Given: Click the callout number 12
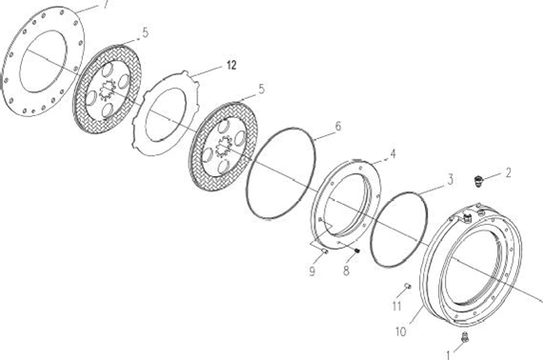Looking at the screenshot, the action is pos(231,65).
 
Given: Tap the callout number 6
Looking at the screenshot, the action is pos(338,127).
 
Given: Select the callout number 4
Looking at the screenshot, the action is pos(392,153).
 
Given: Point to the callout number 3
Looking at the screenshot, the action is pos(451,180).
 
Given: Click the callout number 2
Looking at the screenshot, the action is pos(508,172).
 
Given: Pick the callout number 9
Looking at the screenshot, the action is pos(312,271).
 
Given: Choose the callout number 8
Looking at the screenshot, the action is pos(346,270).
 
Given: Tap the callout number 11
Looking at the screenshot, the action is pos(397,306).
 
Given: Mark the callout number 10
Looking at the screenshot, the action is pos(401,331).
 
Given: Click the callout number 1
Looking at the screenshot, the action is pos(449,355).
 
